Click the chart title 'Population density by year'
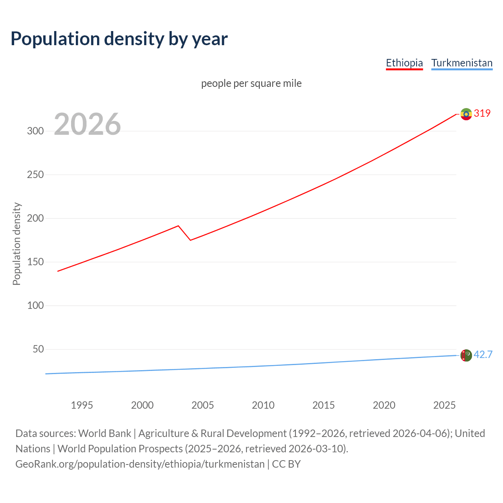coord(119,39)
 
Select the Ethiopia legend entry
coord(404,63)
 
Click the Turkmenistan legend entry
coord(462,63)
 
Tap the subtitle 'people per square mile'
coord(251,83)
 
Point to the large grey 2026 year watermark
coord(87,125)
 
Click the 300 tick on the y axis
coord(35,131)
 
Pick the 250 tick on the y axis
coord(35,175)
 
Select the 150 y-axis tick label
coord(35,262)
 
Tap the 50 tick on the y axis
coord(38,349)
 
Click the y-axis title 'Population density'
coord(17,244)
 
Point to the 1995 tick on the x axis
coord(82,405)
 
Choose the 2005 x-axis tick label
coord(203,405)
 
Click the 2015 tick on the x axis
coord(323,405)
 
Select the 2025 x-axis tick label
coord(444,405)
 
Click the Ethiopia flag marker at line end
coord(466,114)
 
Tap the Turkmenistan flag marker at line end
coord(466,355)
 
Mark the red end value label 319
coord(482,113)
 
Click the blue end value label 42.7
coord(483,354)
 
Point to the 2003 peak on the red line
coord(178,226)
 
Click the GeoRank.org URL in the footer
coord(140,464)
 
